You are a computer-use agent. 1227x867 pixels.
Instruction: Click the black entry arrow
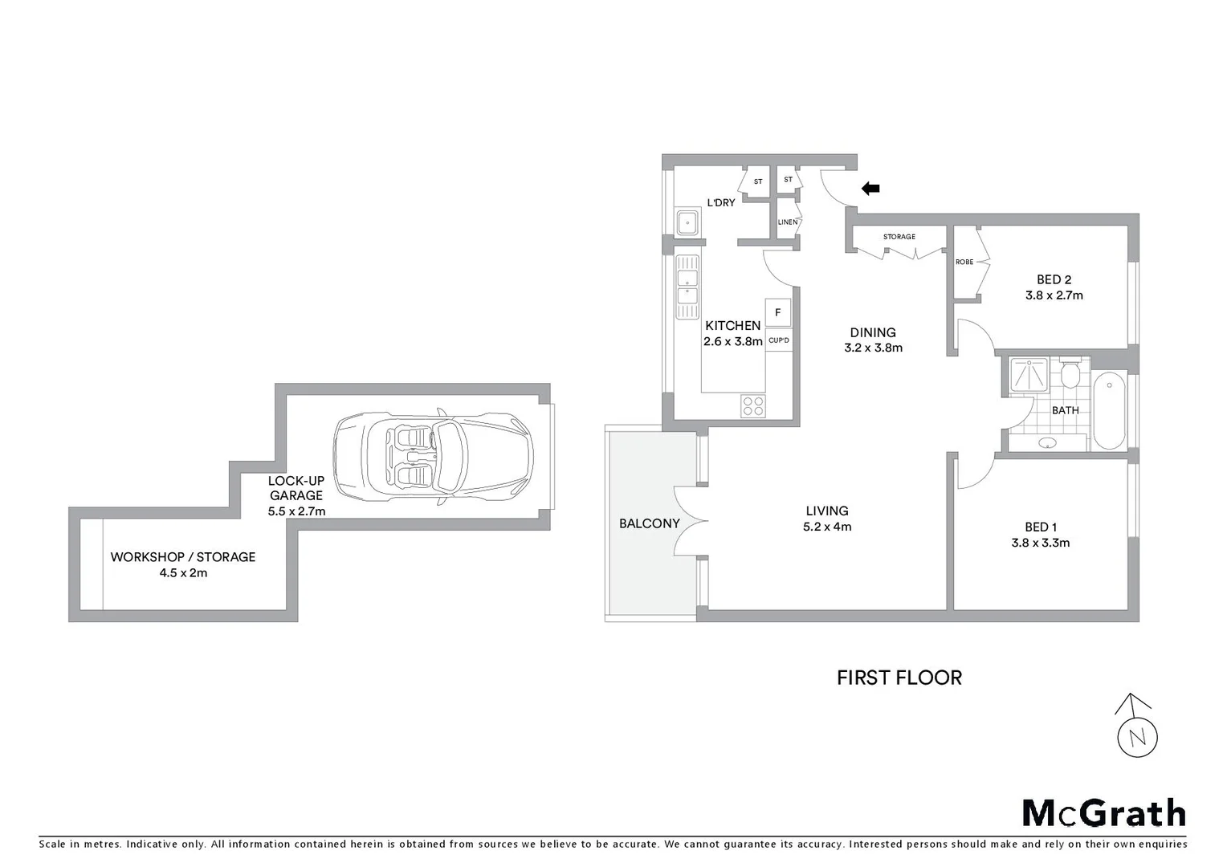click(870, 189)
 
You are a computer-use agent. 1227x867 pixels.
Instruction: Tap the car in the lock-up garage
click(434, 456)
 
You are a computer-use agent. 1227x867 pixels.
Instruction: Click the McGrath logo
click(1103, 813)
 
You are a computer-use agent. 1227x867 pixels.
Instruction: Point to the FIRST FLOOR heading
click(899, 678)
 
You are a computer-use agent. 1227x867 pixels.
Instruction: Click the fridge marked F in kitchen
click(777, 312)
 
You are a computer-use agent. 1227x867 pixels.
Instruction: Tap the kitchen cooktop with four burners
click(753, 406)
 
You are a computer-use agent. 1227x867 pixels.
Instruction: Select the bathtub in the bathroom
click(1109, 409)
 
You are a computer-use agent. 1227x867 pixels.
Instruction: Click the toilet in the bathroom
click(1070, 374)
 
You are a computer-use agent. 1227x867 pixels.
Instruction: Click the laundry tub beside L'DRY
click(687, 222)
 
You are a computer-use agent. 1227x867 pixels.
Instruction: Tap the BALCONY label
click(649, 523)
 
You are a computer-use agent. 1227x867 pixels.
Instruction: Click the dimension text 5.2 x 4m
click(827, 527)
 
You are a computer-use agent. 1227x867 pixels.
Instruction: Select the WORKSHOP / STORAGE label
click(183, 556)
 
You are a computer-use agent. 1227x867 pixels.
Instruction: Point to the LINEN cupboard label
click(787, 222)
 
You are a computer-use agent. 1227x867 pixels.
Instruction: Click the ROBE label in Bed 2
click(964, 263)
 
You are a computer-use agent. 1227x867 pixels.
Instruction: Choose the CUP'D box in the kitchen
click(778, 340)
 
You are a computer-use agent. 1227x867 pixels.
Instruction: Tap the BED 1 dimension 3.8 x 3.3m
click(1040, 543)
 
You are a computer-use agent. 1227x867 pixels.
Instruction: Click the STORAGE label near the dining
click(899, 237)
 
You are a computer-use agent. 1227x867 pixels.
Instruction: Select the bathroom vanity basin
click(1047, 442)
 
